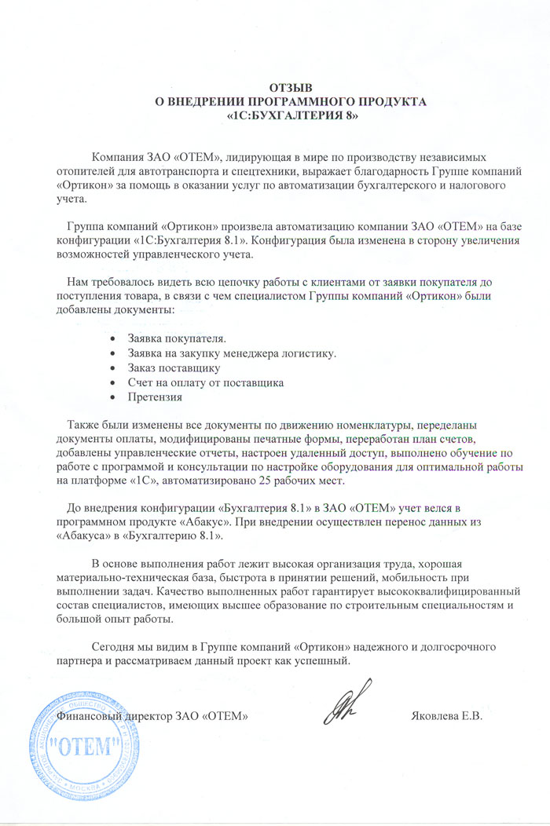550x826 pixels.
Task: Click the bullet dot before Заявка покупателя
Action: (x=114, y=338)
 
